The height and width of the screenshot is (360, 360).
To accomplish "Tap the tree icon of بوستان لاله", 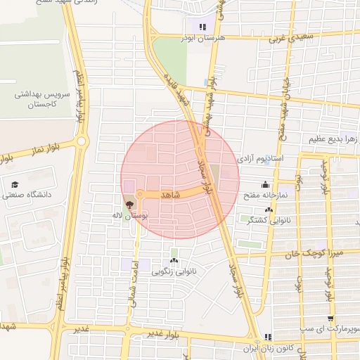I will coord(129,205).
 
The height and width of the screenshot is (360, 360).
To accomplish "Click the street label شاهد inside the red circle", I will coord(171,193).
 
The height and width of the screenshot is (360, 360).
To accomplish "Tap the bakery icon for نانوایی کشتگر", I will coord(268,210).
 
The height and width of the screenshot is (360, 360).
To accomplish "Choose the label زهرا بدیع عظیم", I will coord(333,139).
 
